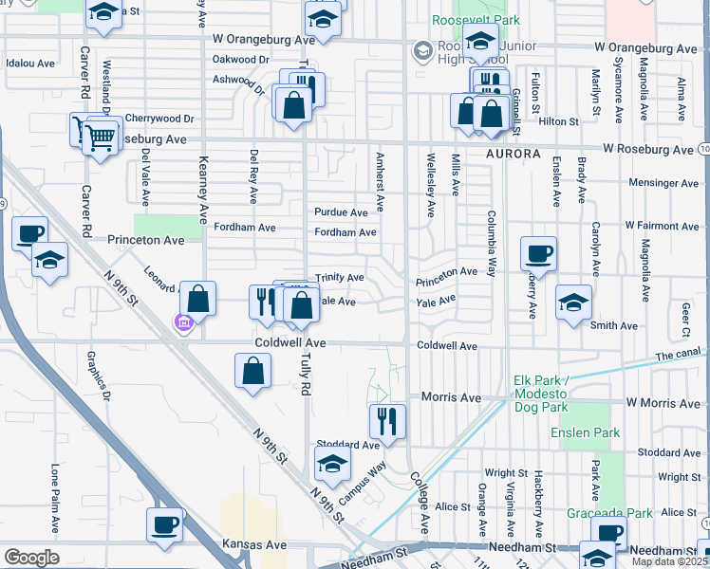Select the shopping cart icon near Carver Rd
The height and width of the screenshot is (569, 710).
click(x=99, y=138)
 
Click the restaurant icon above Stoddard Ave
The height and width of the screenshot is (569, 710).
click(x=387, y=420)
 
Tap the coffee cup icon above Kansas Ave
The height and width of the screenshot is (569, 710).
click(x=165, y=523)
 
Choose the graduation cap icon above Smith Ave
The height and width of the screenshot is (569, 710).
click(x=573, y=303)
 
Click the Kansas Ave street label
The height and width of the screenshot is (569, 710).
click(x=253, y=545)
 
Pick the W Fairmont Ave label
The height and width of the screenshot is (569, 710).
click(x=661, y=227)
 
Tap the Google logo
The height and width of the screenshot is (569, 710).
click(x=31, y=558)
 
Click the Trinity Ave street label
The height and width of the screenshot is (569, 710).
click(x=340, y=278)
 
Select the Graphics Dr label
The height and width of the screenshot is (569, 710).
click(x=98, y=380)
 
